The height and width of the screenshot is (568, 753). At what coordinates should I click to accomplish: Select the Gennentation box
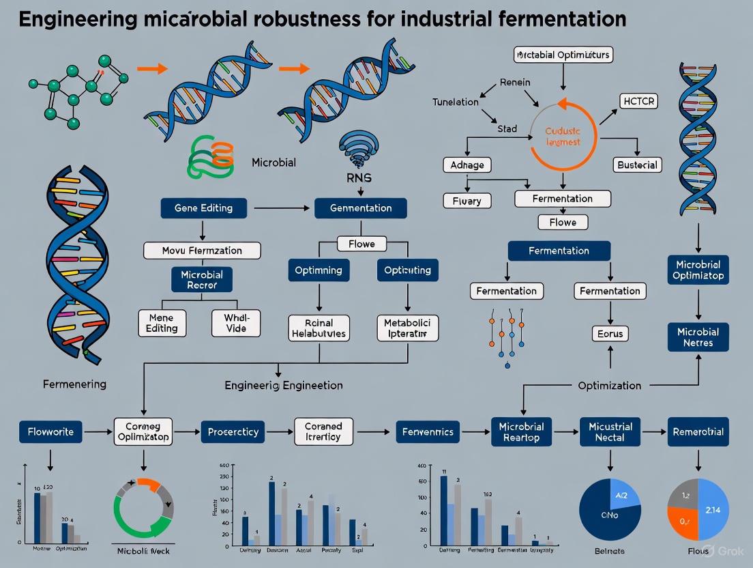pyautogui.click(x=360, y=208)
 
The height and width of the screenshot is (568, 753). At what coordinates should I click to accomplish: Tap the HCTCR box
pyautogui.click(x=639, y=101)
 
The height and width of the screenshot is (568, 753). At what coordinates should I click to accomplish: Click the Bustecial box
pyautogui.click(x=636, y=165)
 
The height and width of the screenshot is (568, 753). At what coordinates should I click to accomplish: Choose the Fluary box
pyautogui.click(x=467, y=201)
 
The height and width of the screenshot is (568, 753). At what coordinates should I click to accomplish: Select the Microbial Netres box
pyautogui.click(x=697, y=337)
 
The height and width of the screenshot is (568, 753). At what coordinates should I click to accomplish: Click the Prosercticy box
pyautogui.click(x=233, y=432)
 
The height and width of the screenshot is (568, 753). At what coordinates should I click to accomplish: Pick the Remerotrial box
pyautogui.click(x=698, y=431)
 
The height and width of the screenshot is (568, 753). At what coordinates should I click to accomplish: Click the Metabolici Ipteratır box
pyautogui.click(x=407, y=328)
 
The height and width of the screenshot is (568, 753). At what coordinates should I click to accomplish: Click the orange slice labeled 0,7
pyautogui.click(x=683, y=522)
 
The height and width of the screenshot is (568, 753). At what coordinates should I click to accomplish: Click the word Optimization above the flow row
pyautogui.click(x=609, y=385)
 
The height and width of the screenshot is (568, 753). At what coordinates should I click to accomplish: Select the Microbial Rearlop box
pyautogui.click(x=521, y=431)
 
